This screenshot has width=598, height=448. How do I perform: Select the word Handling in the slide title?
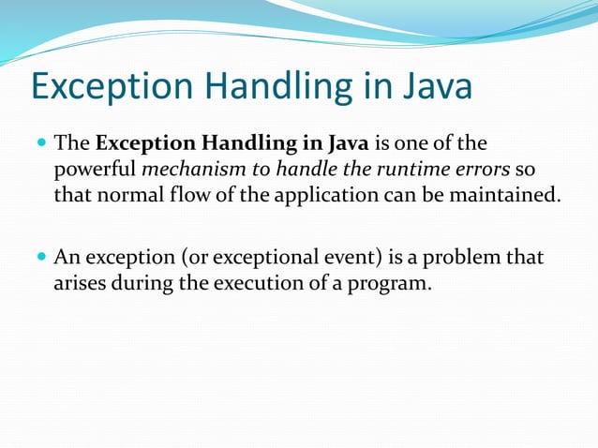click(x=282, y=89)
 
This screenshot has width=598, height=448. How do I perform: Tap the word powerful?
click(x=94, y=171)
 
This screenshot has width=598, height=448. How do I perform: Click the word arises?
click(x=81, y=283)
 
